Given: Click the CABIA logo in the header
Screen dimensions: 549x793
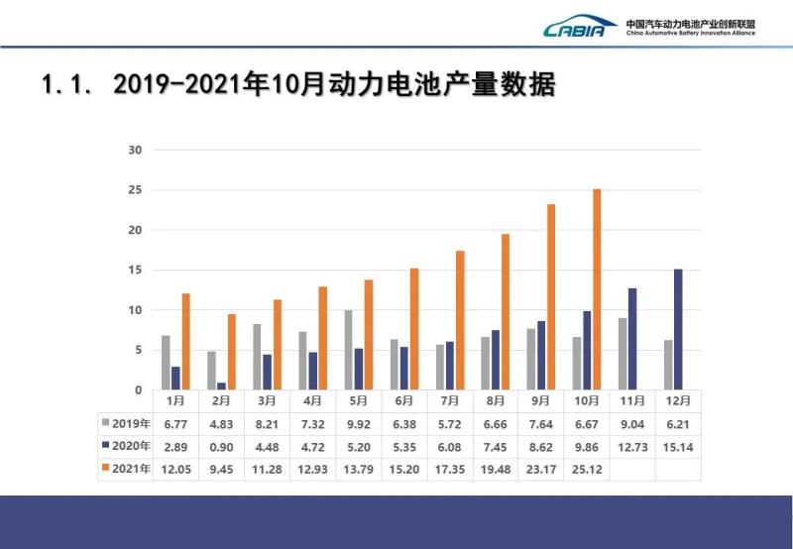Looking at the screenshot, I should [581, 28].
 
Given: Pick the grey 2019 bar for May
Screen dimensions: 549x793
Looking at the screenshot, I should [348, 350].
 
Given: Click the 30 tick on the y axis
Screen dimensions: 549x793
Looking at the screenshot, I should [136, 151].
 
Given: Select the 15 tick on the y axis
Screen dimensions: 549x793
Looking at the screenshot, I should [136, 271].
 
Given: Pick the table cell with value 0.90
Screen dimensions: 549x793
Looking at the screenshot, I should [221, 447].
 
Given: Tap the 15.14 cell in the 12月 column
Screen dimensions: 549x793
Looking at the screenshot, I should [678, 447].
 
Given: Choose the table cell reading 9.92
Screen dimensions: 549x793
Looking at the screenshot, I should [358, 424].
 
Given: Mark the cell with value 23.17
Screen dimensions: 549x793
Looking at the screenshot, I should [541, 470].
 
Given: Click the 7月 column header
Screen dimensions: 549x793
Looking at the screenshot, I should [450, 401].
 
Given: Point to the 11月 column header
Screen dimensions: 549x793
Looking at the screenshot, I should [632, 401].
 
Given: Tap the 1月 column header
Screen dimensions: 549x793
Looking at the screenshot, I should [175, 401].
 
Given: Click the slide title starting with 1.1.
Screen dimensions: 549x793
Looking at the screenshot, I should [297, 85].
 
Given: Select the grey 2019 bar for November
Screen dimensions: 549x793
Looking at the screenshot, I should [623, 354].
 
